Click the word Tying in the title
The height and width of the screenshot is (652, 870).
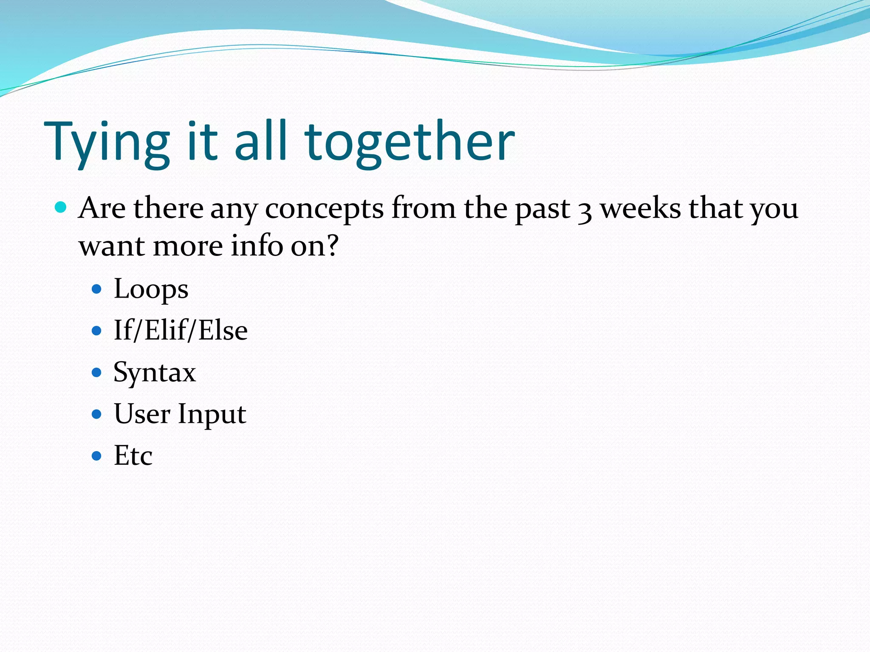pos(106,142)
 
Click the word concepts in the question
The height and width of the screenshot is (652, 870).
pos(324,209)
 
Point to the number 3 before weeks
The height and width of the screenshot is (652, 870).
pos(585,211)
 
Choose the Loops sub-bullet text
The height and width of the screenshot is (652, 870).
pos(151,289)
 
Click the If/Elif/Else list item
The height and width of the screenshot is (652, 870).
pos(181,331)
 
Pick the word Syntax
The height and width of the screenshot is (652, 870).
pos(155,373)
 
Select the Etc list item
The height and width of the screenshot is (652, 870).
pos(133,455)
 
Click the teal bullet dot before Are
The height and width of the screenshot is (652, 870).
pos(61,208)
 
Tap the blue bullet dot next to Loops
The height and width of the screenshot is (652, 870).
pos(97,289)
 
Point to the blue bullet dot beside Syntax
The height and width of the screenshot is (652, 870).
pos(97,373)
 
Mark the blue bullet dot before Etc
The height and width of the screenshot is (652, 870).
pos(97,456)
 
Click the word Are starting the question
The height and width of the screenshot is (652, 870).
pos(102,208)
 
